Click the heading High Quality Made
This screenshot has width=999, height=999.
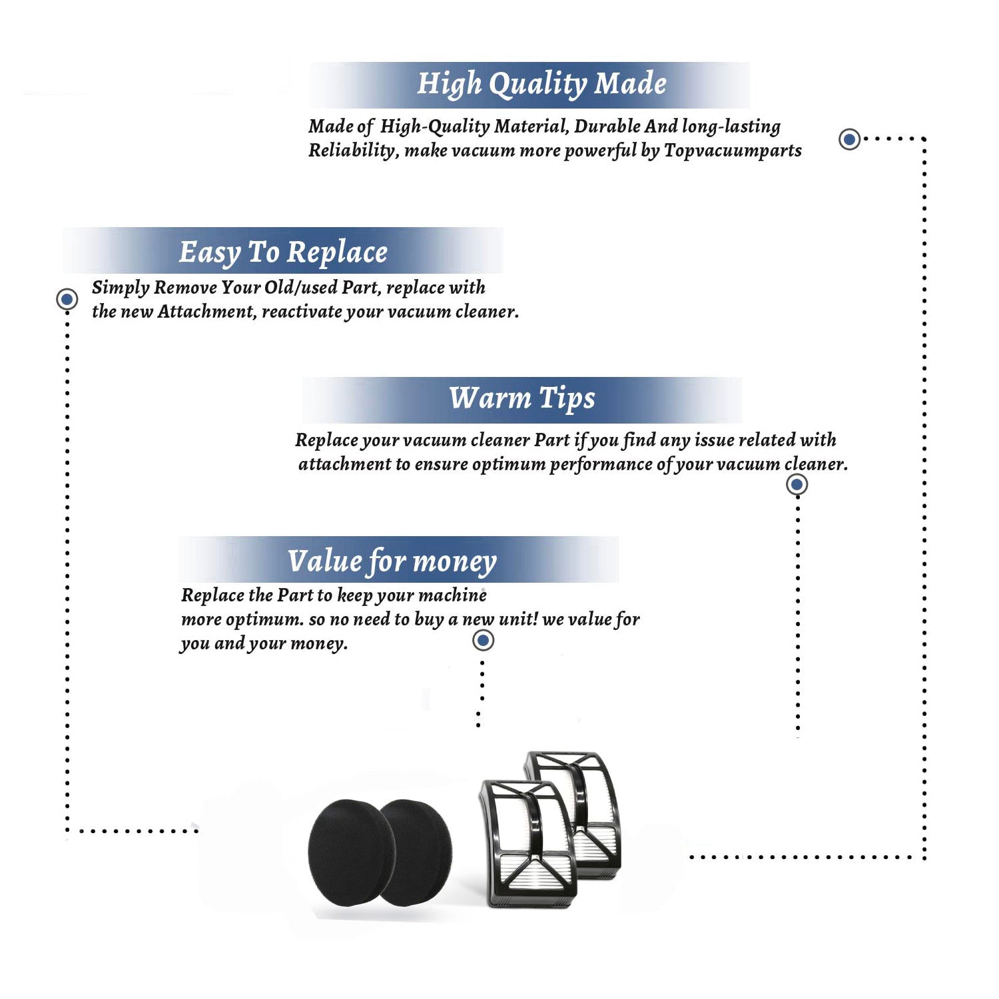pyautogui.click(x=541, y=85)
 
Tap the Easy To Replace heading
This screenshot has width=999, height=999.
pyautogui.click(x=283, y=253)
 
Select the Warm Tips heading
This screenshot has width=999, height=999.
pyautogui.click(x=522, y=398)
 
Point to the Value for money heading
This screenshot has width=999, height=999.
pyautogui.click(x=392, y=561)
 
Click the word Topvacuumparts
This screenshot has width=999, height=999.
pyautogui.click(x=733, y=151)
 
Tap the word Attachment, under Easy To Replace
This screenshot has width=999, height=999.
pyautogui.click(x=207, y=312)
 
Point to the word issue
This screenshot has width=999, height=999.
pyautogui.click(x=714, y=440)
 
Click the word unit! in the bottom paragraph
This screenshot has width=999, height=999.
pyautogui.click(x=518, y=619)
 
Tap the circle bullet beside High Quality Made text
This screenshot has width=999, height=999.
pyautogui.click(x=849, y=139)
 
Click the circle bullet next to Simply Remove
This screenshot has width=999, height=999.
pyautogui.click(x=67, y=299)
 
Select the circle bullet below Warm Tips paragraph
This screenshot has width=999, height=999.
pyautogui.click(x=797, y=484)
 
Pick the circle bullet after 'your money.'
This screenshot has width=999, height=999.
pyautogui.click(x=483, y=641)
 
